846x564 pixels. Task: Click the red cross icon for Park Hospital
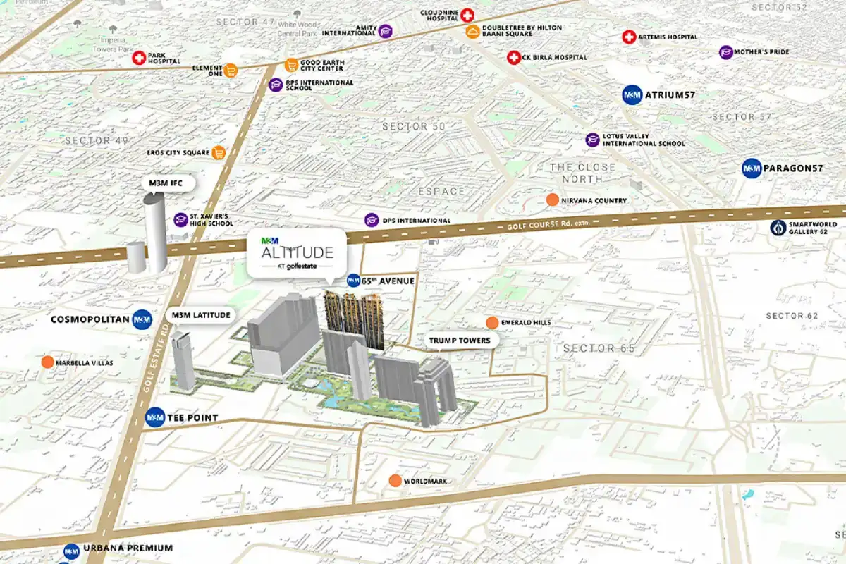pyautogui.click(x=139, y=58)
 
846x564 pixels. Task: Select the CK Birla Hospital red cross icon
pyautogui.click(x=514, y=57)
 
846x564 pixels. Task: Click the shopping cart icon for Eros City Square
pyautogui.click(x=219, y=152)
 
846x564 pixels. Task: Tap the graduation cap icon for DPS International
pyautogui.click(x=371, y=220)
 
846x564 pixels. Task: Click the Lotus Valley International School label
pyautogui.click(x=643, y=140)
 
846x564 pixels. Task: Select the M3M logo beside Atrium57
pyautogui.click(x=632, y=95)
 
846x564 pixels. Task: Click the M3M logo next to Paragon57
pyautogui.click(x=752, y=168)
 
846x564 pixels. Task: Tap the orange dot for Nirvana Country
pyautogui.click(x=553, y=200)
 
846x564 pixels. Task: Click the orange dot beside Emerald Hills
pyautogui.click(x=492, y=323)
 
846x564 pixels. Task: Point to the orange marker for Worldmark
pyautogui.click(x=395, y=481)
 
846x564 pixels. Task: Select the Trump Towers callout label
pyautogui.click(x=460, y=341)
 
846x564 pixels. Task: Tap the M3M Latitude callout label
pyautogui.click(x=201, y=314)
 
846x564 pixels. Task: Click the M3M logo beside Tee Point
pyautogui.click(x=154, y=418)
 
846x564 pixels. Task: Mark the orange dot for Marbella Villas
pyautogui.click(x=47, y=362)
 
